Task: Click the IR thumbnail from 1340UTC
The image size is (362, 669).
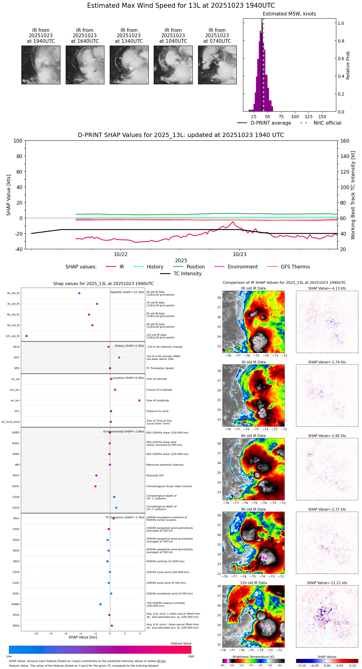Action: tap(129, 65)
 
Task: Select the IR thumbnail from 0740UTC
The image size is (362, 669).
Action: tap(217, 65)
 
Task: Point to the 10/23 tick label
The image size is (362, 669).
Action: tap(240, 255)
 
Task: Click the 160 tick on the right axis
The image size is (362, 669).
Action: tap(345, 141)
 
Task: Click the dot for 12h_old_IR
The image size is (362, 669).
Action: tap(27, 336)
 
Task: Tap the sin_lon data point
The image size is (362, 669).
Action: tap(139, 401)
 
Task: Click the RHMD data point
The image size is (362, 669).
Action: tap(100, 604)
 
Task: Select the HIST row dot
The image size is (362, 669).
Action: tap(119, 357)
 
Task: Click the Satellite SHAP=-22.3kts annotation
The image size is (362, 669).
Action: tap(127, 292)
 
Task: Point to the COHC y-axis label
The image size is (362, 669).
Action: tap(16, 486)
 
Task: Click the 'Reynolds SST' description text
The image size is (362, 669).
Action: tap(155, 476)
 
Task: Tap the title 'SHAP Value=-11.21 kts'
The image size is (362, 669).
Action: tap(327, 583)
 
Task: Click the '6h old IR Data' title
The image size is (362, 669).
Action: tap(253, 436)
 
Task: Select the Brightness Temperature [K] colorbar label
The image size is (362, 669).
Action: tap(253, 657)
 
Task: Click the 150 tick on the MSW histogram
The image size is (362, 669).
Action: tap(322, 117)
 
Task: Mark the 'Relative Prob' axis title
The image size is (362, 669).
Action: tap(348, 65)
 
